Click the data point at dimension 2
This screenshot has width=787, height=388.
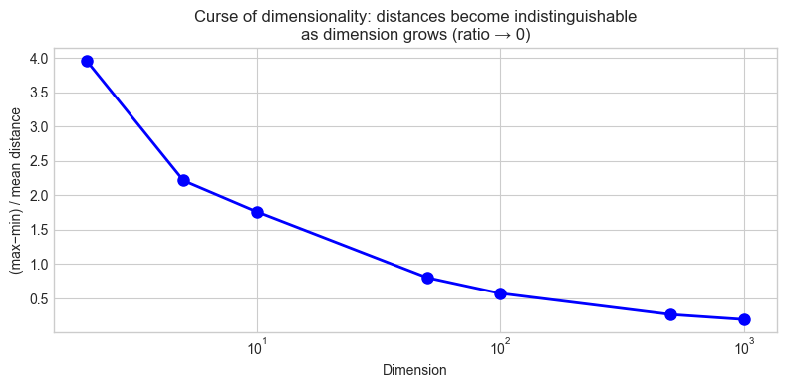coord(87,61)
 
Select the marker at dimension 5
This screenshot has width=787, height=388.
coord(183,180)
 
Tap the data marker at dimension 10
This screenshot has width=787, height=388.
coord(257,212)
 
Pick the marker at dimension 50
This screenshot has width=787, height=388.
coord(427,278)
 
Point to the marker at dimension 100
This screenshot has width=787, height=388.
coord(500,293)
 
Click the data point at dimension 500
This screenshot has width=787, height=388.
coord(670,314)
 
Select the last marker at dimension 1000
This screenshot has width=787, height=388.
coord(743,319)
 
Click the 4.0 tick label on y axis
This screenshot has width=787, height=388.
coord(37,59)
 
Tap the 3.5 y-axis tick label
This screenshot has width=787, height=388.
coord(37,93)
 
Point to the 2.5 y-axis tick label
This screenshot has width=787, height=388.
coord(37,161)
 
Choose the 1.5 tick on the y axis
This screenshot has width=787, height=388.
coord(37,230)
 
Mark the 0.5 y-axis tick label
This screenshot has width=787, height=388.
coord(37,298)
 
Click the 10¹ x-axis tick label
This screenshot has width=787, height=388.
coord(257,347)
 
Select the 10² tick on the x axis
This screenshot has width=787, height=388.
coord(500,347)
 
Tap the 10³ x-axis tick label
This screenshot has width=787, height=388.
coord(743,347)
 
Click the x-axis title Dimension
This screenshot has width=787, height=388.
coord(414,370)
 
